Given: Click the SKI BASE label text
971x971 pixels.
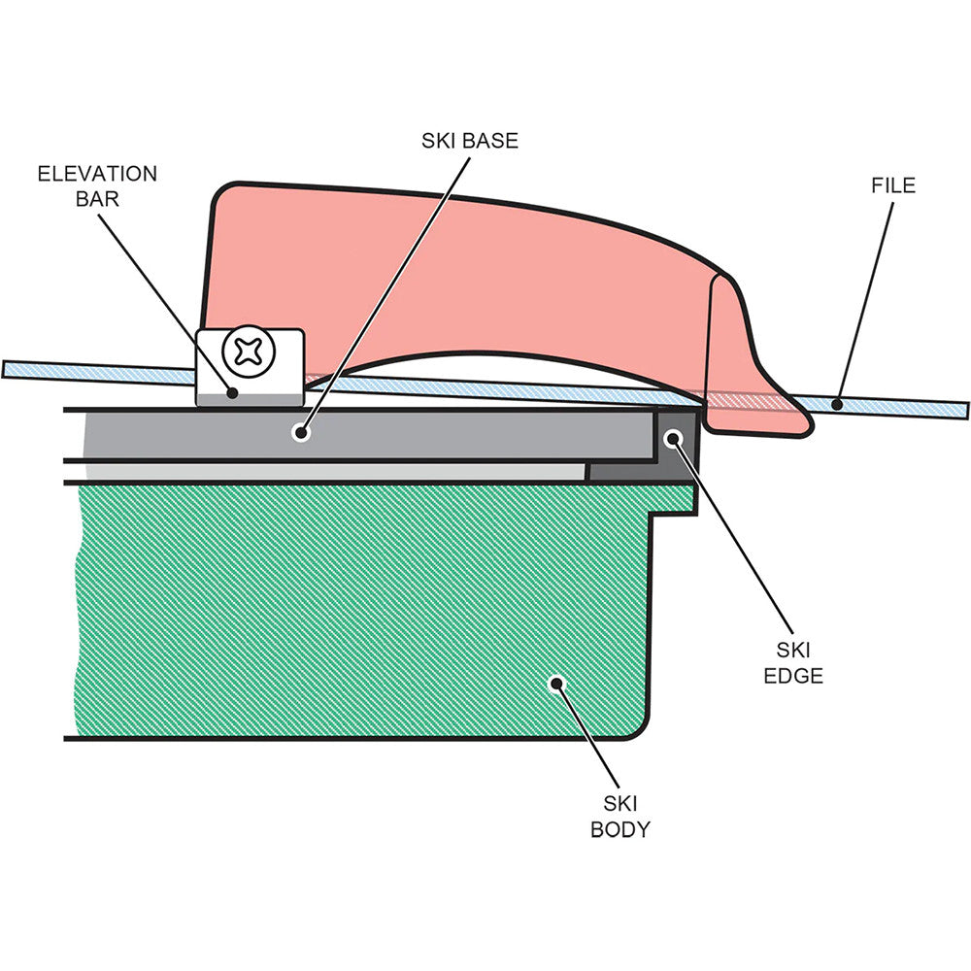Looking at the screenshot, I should [470, 141].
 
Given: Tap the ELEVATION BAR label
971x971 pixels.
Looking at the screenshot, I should [97, 185].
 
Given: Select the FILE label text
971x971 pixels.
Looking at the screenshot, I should [893, 184].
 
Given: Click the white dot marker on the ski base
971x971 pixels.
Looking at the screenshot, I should [301, 433].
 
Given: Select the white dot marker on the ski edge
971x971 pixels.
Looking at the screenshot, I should [671, 439].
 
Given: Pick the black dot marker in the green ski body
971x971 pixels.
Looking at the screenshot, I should [556, 683].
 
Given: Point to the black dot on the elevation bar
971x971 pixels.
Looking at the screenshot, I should [232, 392].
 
